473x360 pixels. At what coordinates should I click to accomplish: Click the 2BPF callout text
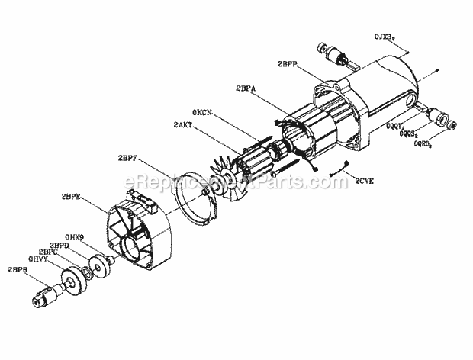tap(130, 159)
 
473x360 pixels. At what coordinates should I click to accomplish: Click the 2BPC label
tap(49, 252)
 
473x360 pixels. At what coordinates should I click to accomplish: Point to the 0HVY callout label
tap(38, 259)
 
